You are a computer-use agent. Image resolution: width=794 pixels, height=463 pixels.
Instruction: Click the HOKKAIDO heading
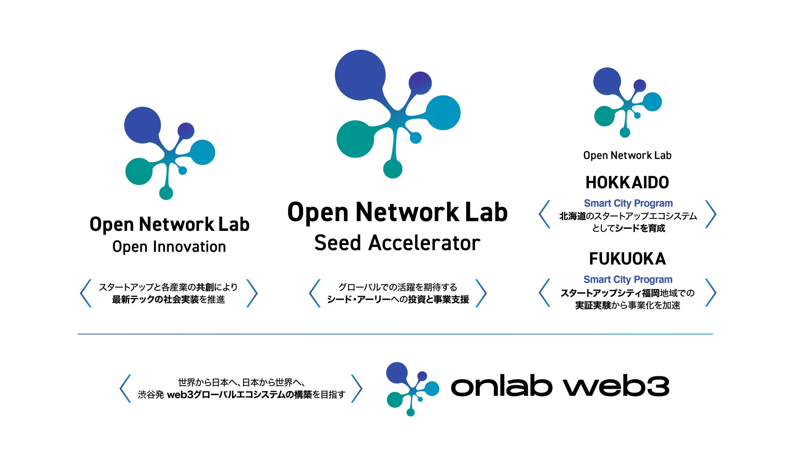(x=627, y=182)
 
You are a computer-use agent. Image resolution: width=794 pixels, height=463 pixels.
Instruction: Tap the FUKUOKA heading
(x=627, y=259)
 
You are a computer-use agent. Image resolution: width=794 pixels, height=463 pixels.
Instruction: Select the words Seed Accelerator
(x=397, y=243)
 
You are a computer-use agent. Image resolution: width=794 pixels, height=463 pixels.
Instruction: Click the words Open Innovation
(x=169, y=247)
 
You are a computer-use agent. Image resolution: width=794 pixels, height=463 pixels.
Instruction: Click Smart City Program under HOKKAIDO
(x=628, y=203)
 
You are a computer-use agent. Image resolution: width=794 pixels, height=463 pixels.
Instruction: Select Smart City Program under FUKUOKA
(x=628, y=279)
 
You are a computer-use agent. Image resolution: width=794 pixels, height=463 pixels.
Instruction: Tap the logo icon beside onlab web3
(x=411, y=388)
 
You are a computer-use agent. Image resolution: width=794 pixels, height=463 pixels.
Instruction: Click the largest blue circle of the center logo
(x=360, y=75)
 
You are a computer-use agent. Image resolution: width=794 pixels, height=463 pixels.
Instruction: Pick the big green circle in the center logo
(x=355, y=139)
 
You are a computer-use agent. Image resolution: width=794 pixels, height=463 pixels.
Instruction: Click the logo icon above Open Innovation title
(x=169, y=153)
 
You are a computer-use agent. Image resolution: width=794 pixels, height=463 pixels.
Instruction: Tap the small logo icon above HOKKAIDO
(x=627, y=102)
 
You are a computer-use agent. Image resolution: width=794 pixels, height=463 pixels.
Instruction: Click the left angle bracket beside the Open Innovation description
(x=86, y=293)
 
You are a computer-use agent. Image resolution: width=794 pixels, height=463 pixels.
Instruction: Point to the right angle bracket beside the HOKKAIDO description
(x=711, y=214)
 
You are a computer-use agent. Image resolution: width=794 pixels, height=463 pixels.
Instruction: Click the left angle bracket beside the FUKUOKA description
(x=544, y=292)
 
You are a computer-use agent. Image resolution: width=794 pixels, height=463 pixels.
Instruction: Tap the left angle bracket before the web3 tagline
(x=125, y=388)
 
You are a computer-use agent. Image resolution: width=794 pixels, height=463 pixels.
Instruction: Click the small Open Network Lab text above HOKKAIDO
(x=627, y=155)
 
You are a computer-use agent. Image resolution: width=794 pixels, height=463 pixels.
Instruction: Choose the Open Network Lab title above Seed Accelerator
(x=397, y=212)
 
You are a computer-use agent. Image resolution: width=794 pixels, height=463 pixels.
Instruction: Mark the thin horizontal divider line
(x=395, y=334)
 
